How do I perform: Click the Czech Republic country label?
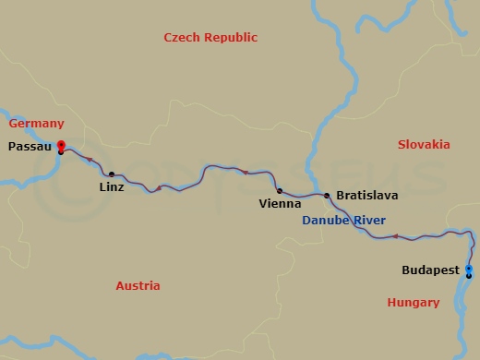tap(210, 38)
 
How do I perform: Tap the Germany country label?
tap(36, 124)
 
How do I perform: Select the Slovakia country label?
tap(423, 145)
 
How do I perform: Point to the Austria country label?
tap(138, 286)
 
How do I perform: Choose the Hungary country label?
tap(413, 302)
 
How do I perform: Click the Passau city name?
tap(28, 146)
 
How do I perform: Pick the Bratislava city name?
tap(366, 197)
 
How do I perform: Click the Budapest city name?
tap(431, 270)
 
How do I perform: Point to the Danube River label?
tap(344, 220)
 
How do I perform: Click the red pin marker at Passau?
tap(61, 145)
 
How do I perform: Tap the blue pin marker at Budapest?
tap(469, 270)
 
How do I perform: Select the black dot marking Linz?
tap(112, 174)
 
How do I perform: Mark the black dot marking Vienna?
tap(279, 191)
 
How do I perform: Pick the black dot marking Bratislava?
tap(327, 195)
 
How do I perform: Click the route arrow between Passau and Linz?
tap(90, 160)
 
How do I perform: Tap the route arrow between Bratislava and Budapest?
tap(395, 237)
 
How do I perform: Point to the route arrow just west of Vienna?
tap(246, 172)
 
